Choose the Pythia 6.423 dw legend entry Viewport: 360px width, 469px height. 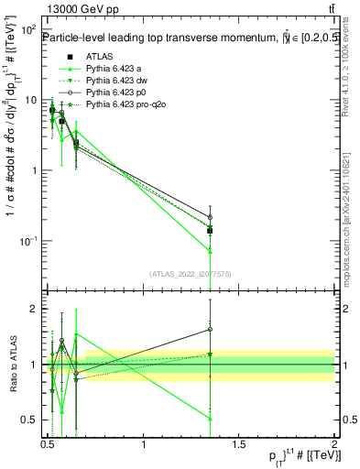pos(117,82)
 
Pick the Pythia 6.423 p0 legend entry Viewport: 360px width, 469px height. pos(116,94)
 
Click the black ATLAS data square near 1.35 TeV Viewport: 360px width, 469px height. pos(211,230)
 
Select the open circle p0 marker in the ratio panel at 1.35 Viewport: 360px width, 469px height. pos(211,329)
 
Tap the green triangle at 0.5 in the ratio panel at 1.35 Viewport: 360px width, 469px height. pos(211,419)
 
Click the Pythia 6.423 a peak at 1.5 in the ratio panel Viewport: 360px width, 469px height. pos(77,334)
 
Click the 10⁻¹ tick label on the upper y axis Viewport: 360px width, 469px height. pos(29,241)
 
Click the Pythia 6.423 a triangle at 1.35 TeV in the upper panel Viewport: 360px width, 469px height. pos(211,250)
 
